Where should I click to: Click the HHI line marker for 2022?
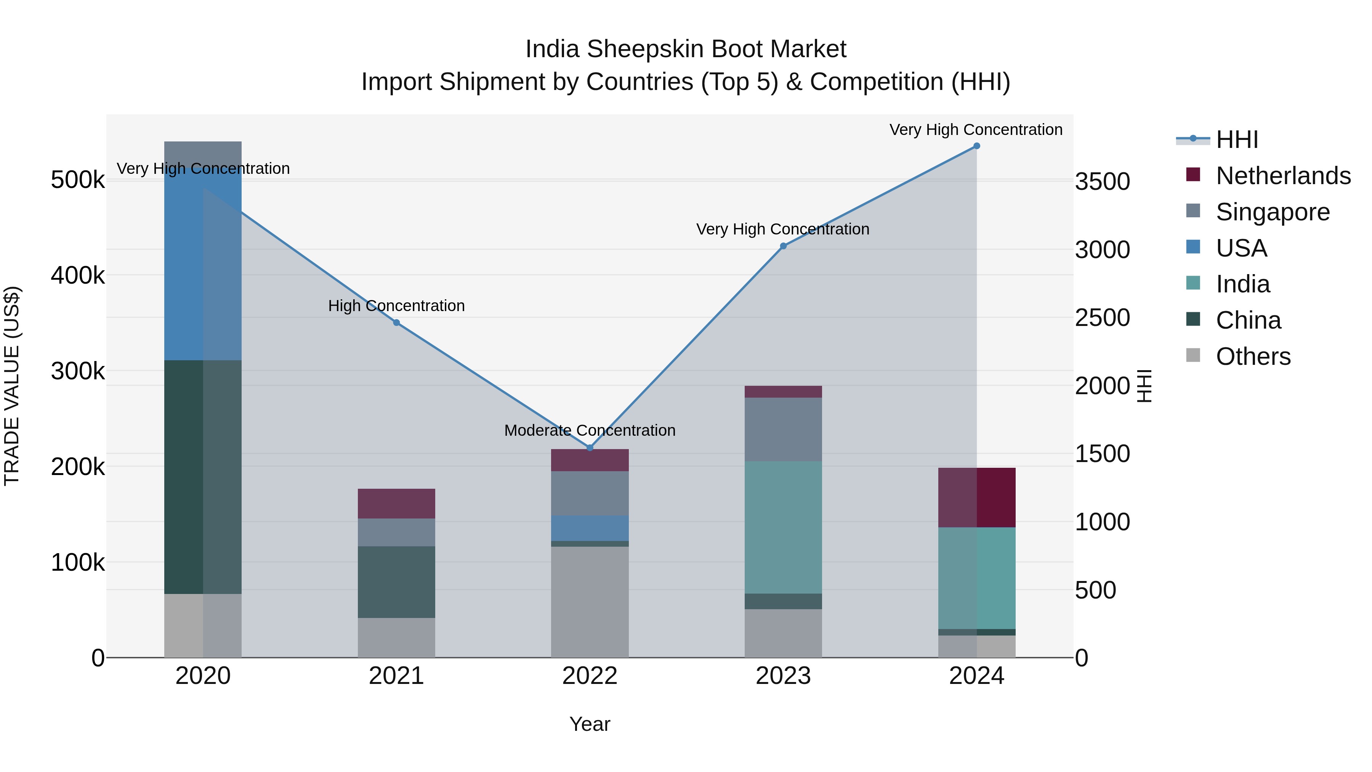(590, 448)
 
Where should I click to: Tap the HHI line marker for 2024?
(976, 146)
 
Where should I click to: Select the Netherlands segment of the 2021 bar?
(396, 504)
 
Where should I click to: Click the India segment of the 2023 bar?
(783, 528)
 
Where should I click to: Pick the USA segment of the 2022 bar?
(590, 528)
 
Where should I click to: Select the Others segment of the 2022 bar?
(590, 602)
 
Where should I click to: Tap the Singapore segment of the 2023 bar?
(783, 429)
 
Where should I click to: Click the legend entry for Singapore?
(1273, 212)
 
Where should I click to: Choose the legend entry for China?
(1248, 320)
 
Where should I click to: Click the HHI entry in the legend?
(1237, 140)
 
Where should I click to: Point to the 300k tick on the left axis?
(78, 371)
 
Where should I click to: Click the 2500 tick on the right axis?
(1102, 318)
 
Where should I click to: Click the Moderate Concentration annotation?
(590, 430)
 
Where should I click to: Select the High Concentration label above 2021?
(396, 306)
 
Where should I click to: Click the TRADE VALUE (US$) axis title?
(12, 386)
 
